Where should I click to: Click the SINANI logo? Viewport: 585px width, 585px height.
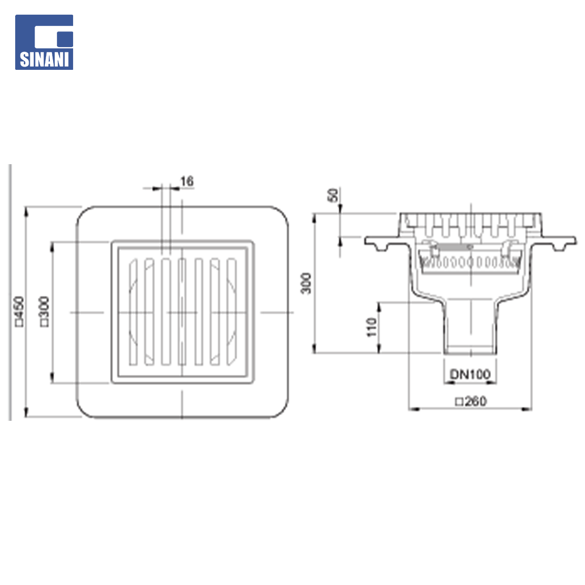click(44, 42)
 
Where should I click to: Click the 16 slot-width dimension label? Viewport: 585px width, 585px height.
click(187, 181)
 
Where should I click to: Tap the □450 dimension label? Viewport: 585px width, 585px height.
click(19, 311)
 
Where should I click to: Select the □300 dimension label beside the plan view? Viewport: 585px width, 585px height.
click(44, 311)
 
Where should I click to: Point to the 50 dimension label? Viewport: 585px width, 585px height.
click(333, 195)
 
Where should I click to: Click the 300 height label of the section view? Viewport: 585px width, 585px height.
click(306, 283)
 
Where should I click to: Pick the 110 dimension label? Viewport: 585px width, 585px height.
click(372, 327)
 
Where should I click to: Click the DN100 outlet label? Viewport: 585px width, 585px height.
click(470, 374)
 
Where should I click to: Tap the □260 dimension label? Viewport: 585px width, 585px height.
click(471, 401)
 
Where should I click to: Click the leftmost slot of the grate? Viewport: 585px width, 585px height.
click(133, 311)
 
